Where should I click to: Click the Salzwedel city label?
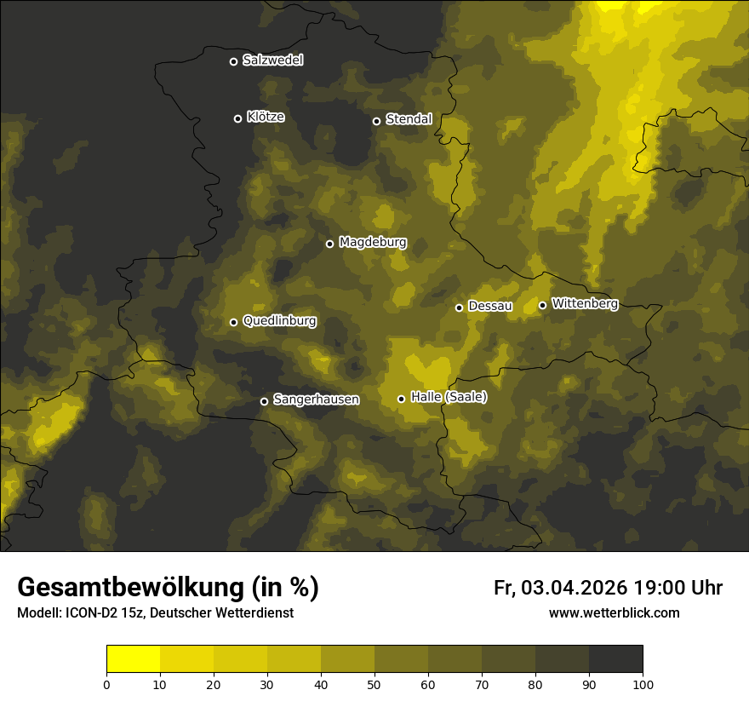(x=272, y=60)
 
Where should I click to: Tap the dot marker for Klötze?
(x=237, y=118)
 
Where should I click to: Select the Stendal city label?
(x=409, y=119)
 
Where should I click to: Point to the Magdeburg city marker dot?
(x=330, y=244)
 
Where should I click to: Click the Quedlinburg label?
(x=279, y=321)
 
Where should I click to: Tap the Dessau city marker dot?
(x=459, y=308)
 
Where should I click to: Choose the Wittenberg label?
(x=584, y=303)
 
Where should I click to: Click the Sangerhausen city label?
(x=316, y=399)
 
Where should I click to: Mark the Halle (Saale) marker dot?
(x=401, y=399)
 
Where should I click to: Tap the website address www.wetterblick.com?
(x=615, y=613)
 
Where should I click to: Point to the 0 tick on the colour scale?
(x=106, y=684)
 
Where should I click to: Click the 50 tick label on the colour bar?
(x=374, y=684)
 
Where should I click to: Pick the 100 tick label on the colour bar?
(x=643, y=684)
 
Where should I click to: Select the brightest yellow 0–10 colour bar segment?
(x=133, y=659)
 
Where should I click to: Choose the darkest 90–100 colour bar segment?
(x=615, y=659)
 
